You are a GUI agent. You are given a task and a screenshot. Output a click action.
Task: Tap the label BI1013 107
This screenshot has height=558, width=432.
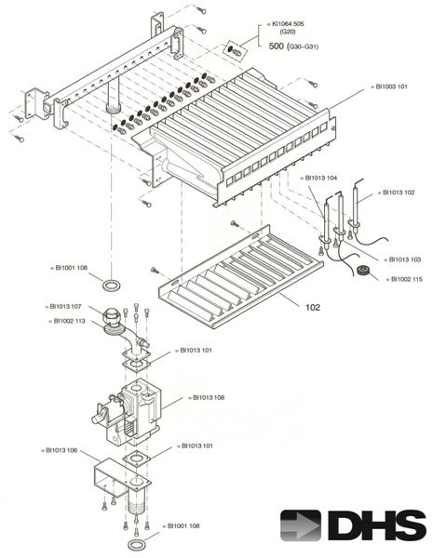66,306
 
